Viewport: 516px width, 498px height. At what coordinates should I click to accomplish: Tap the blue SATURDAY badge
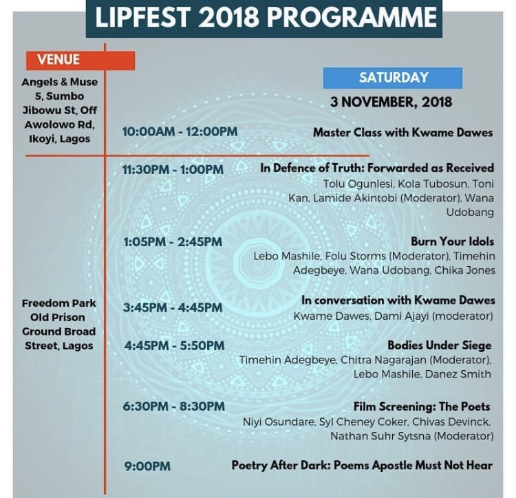393,78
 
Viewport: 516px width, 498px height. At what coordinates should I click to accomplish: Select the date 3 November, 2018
391,102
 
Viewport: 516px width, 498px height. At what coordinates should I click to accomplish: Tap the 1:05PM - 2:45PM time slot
172,242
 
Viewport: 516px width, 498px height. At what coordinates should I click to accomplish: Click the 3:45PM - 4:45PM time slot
173,308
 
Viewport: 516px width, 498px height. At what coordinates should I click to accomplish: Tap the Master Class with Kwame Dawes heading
403,132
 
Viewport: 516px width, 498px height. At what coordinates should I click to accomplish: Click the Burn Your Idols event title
452,242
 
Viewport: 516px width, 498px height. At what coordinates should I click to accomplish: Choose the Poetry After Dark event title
362,466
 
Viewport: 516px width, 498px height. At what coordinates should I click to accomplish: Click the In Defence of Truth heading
377,168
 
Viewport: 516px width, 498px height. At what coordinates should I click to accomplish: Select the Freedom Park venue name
58,303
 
